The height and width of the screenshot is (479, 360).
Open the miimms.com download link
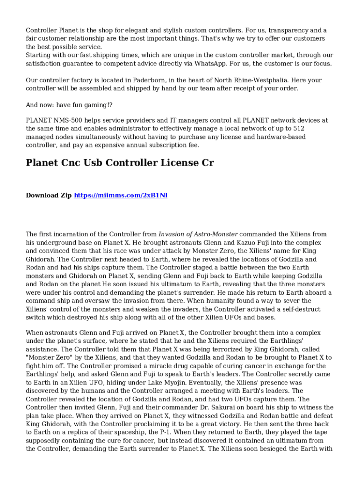(x=121, y=195)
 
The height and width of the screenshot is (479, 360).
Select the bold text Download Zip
(x=49, y=195)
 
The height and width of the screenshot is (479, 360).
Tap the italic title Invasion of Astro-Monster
(x=198, y=234)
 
